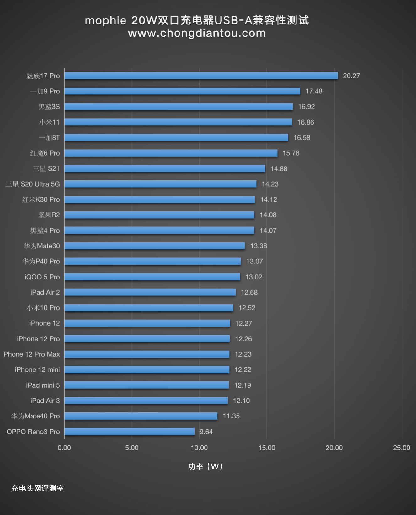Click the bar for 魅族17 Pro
click(x=201, y=76)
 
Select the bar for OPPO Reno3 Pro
click(x=129, y=432)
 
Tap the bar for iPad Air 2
click(x=150, y=292)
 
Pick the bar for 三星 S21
click(x=165, y=168)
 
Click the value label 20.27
click(x=351, y=76)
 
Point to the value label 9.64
click(x=206, y=432)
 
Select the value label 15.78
click(x=291, y=153)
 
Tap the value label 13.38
click(x=259, y=246)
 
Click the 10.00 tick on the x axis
click(x=199, y=448)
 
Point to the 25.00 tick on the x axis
click(x=401, y=448)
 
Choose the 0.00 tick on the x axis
click(x=64, y=448)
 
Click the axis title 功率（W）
click(x=205, y=466)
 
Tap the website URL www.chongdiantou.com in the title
click(x=197, y=33)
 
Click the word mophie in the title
click(x=105, y=20)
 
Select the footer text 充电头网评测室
click(x=37, y=488)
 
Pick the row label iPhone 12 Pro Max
click(x=31, y=354)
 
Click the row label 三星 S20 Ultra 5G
click(x=33, y=184)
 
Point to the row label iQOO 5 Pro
click(x=42, y=277)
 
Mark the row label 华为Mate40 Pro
click(x=35, y=416)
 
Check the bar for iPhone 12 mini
click(x=147, y=370)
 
